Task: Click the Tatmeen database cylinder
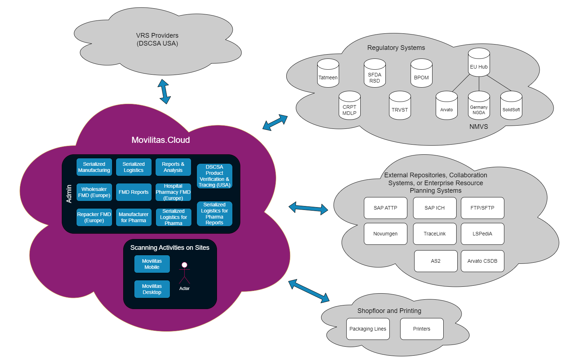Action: [328, 74]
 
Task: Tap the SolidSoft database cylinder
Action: [511, 106]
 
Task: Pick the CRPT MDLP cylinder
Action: [350, 106]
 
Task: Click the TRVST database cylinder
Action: [400, 106]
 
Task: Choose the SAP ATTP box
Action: [385, 208]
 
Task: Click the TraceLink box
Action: [435, 234]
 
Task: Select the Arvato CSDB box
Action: [482, 261]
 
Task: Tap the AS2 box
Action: [436, 261]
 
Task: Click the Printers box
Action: [422, 329]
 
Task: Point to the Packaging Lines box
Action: [368, 329]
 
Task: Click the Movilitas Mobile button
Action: [152, 264]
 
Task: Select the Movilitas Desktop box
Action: [152, 289]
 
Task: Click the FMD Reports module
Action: [134, 192]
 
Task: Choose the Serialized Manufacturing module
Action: [94, 167]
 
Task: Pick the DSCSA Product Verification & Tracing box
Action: [214, 176]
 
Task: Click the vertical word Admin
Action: [69, 194]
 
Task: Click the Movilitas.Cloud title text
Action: [161, 140]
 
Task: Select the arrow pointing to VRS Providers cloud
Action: [164, 92]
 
